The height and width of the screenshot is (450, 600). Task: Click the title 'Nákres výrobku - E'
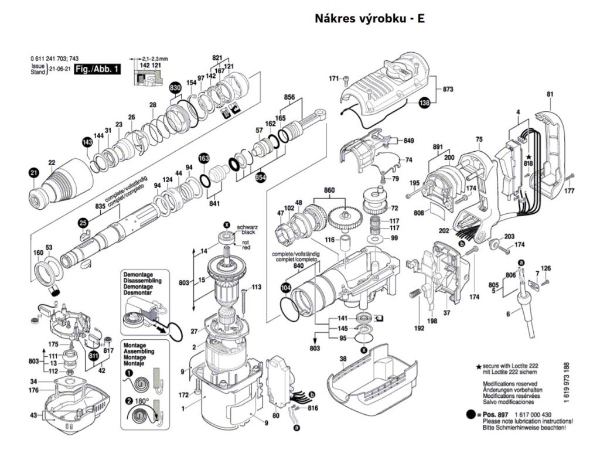point(369,19)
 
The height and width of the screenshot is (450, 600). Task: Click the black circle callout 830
point(174,88)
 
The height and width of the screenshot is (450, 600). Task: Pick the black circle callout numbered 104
point(285,288)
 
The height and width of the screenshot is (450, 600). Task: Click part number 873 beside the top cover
point(448,90)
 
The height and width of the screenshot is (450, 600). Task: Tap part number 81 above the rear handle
point(550,94)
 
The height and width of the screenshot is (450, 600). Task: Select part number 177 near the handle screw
point(569,192)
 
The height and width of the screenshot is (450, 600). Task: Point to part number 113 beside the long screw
point(256,287)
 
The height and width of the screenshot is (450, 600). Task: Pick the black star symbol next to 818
point(529,157)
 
